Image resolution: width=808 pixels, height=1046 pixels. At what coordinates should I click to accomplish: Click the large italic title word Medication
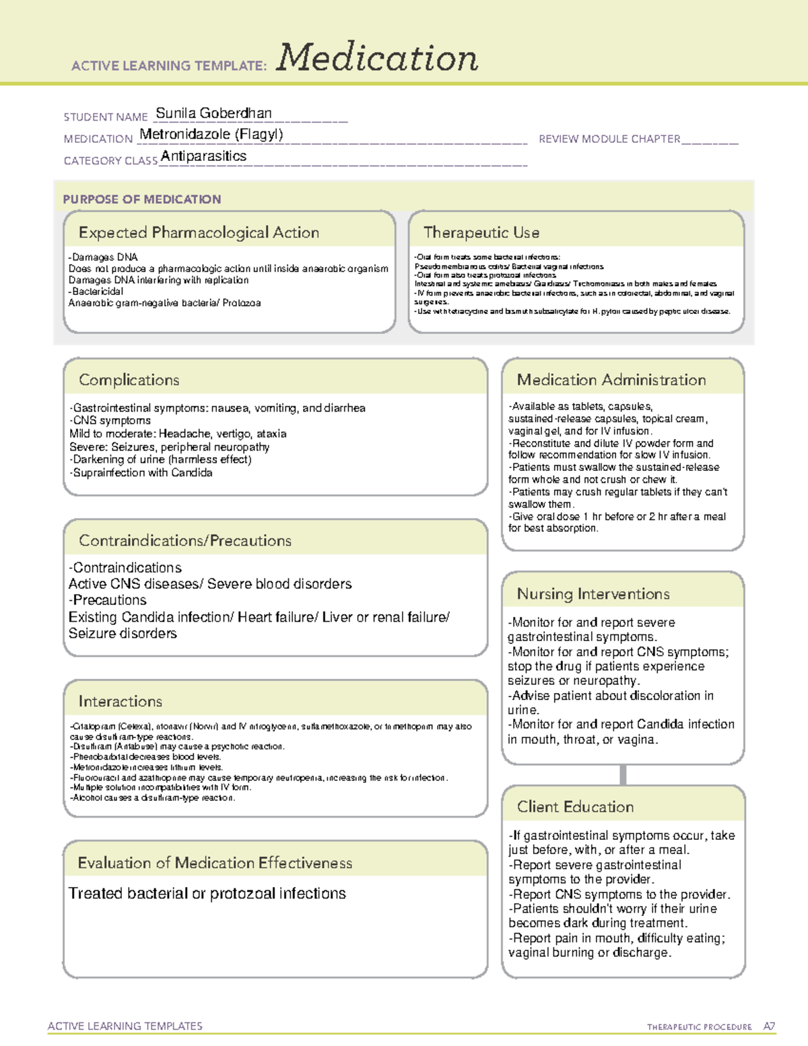[x=377, y=58]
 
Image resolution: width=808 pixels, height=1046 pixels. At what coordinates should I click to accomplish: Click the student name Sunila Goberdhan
[x=213, y=113]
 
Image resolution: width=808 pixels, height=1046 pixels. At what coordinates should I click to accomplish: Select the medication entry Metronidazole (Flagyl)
[x=211, y=134]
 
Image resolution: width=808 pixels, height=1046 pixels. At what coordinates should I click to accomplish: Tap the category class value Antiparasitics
[x=203, y=156]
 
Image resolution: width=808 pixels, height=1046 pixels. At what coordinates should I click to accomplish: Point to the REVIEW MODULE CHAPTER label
[x=609, y=139]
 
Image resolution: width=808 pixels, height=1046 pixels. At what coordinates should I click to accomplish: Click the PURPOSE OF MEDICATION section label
[x=141, y=199]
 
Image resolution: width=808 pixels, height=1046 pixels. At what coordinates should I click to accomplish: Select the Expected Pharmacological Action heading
[x=199, y=232]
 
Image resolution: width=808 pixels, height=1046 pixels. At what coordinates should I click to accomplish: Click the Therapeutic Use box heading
[x=481, y=232]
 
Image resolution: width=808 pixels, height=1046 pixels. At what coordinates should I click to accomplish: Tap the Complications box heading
[x=129, y=380]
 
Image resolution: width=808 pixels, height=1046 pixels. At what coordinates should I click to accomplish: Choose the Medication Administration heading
[x=611, y=380]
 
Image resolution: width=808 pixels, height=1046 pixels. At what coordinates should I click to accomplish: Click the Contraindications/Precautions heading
[x=184, y=541]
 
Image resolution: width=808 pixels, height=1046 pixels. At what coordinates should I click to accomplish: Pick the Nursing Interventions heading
[x=593, y=594]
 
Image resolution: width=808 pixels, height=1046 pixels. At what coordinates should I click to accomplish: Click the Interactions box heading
[x=120, y=702]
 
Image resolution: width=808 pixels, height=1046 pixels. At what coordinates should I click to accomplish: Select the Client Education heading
[x=575, y=807]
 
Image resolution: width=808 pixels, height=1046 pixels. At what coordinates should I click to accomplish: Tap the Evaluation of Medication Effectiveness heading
[x=215, y=863]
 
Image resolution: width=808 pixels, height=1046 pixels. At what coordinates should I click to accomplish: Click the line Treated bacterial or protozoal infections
[x=207, y=894]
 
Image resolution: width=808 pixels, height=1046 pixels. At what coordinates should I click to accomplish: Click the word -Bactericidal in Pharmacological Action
[x=96, y=292]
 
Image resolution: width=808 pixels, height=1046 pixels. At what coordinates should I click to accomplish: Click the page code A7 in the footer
[x=769, y=1026]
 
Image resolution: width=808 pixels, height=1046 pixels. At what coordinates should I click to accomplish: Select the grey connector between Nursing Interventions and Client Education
[x=623, y=775]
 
